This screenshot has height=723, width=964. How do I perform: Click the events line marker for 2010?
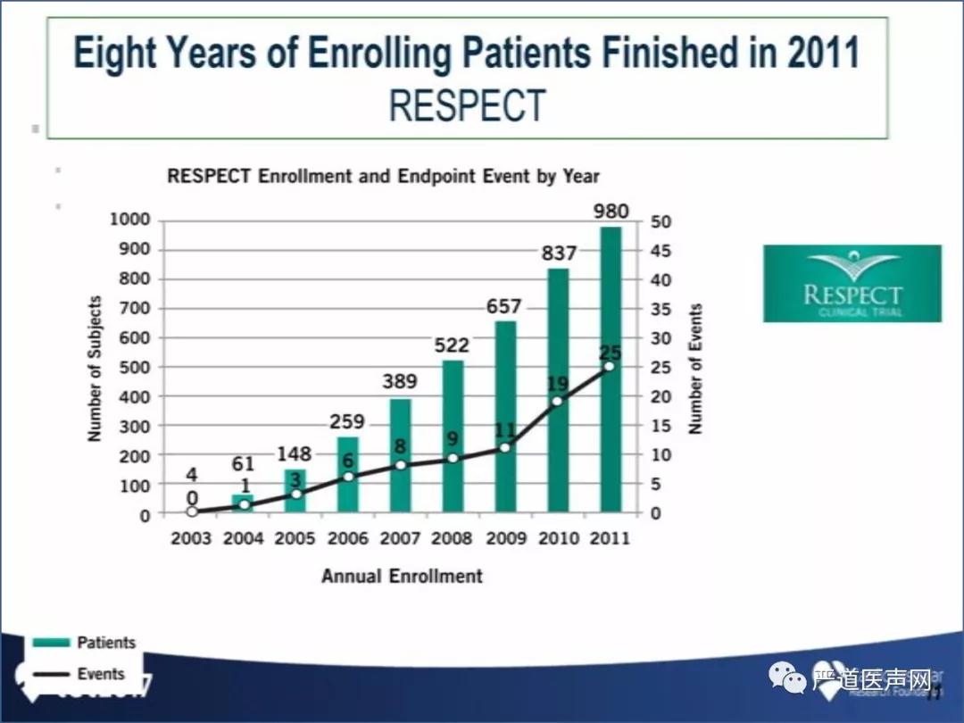[558, 401]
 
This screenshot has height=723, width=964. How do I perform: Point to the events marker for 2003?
[192, 511]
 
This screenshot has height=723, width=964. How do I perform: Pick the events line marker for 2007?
[400, 465]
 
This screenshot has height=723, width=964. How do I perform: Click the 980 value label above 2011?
[611, 212]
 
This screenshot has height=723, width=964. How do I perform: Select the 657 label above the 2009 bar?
[503, 306]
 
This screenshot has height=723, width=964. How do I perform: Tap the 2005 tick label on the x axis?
[295, 538]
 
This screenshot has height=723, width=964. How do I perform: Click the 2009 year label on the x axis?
[506, 538]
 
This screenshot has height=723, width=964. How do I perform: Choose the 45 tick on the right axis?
[661, 251]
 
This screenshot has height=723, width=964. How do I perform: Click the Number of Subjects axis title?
[95, 368]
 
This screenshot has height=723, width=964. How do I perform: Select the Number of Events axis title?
[696, 368]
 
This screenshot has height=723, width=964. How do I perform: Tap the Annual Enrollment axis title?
[402, 576]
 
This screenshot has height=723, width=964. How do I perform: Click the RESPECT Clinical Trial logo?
[852, 283]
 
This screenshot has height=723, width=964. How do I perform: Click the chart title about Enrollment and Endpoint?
[384, 176]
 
